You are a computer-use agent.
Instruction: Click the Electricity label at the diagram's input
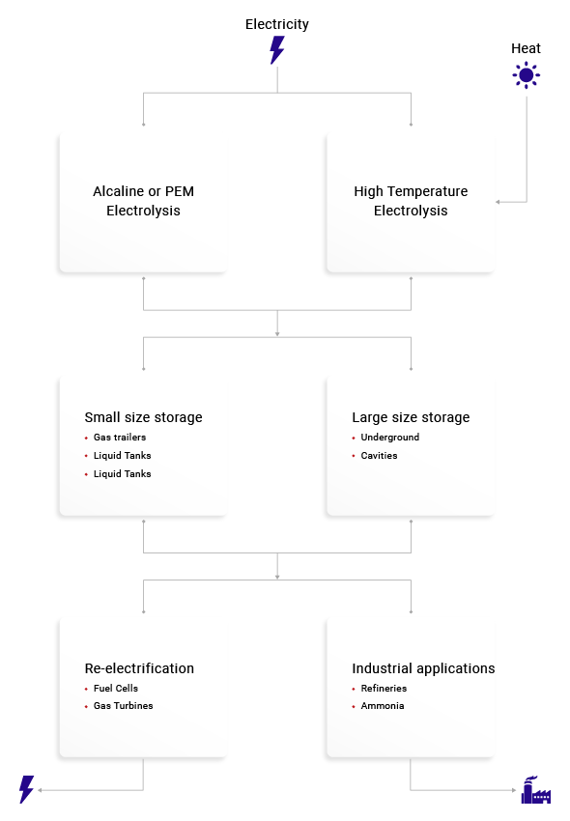pos(277,24)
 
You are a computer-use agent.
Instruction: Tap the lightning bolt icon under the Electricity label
pos(277,50)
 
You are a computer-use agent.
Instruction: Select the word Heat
pos(526,48)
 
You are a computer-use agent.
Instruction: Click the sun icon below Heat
pos(526,75)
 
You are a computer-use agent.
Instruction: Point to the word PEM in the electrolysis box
pos(179,191)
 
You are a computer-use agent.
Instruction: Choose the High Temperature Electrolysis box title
pos(411,201)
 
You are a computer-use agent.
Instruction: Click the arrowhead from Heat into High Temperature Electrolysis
pos(498,202)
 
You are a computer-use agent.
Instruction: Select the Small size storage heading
pos(144,417)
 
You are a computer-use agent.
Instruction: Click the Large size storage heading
pos(411,417)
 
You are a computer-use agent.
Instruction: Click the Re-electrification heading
pos(139,668)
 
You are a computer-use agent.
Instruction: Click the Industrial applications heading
pos(423,668)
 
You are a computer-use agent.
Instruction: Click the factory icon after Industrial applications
pos(536,789)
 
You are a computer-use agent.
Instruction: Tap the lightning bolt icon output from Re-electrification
pos(27,789)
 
